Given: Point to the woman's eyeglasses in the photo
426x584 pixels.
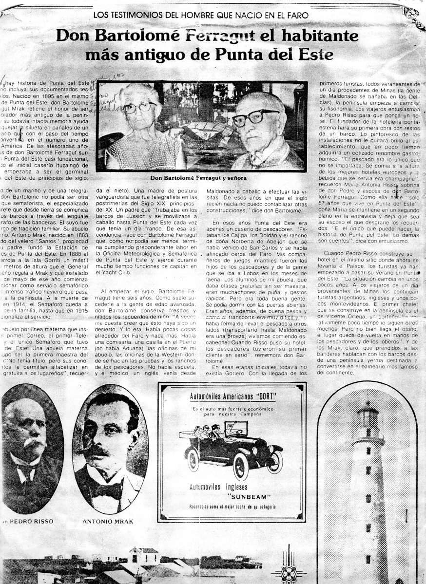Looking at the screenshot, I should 139,107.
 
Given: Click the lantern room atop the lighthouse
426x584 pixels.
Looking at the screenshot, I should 367,418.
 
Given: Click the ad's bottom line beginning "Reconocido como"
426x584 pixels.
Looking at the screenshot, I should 232,507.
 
